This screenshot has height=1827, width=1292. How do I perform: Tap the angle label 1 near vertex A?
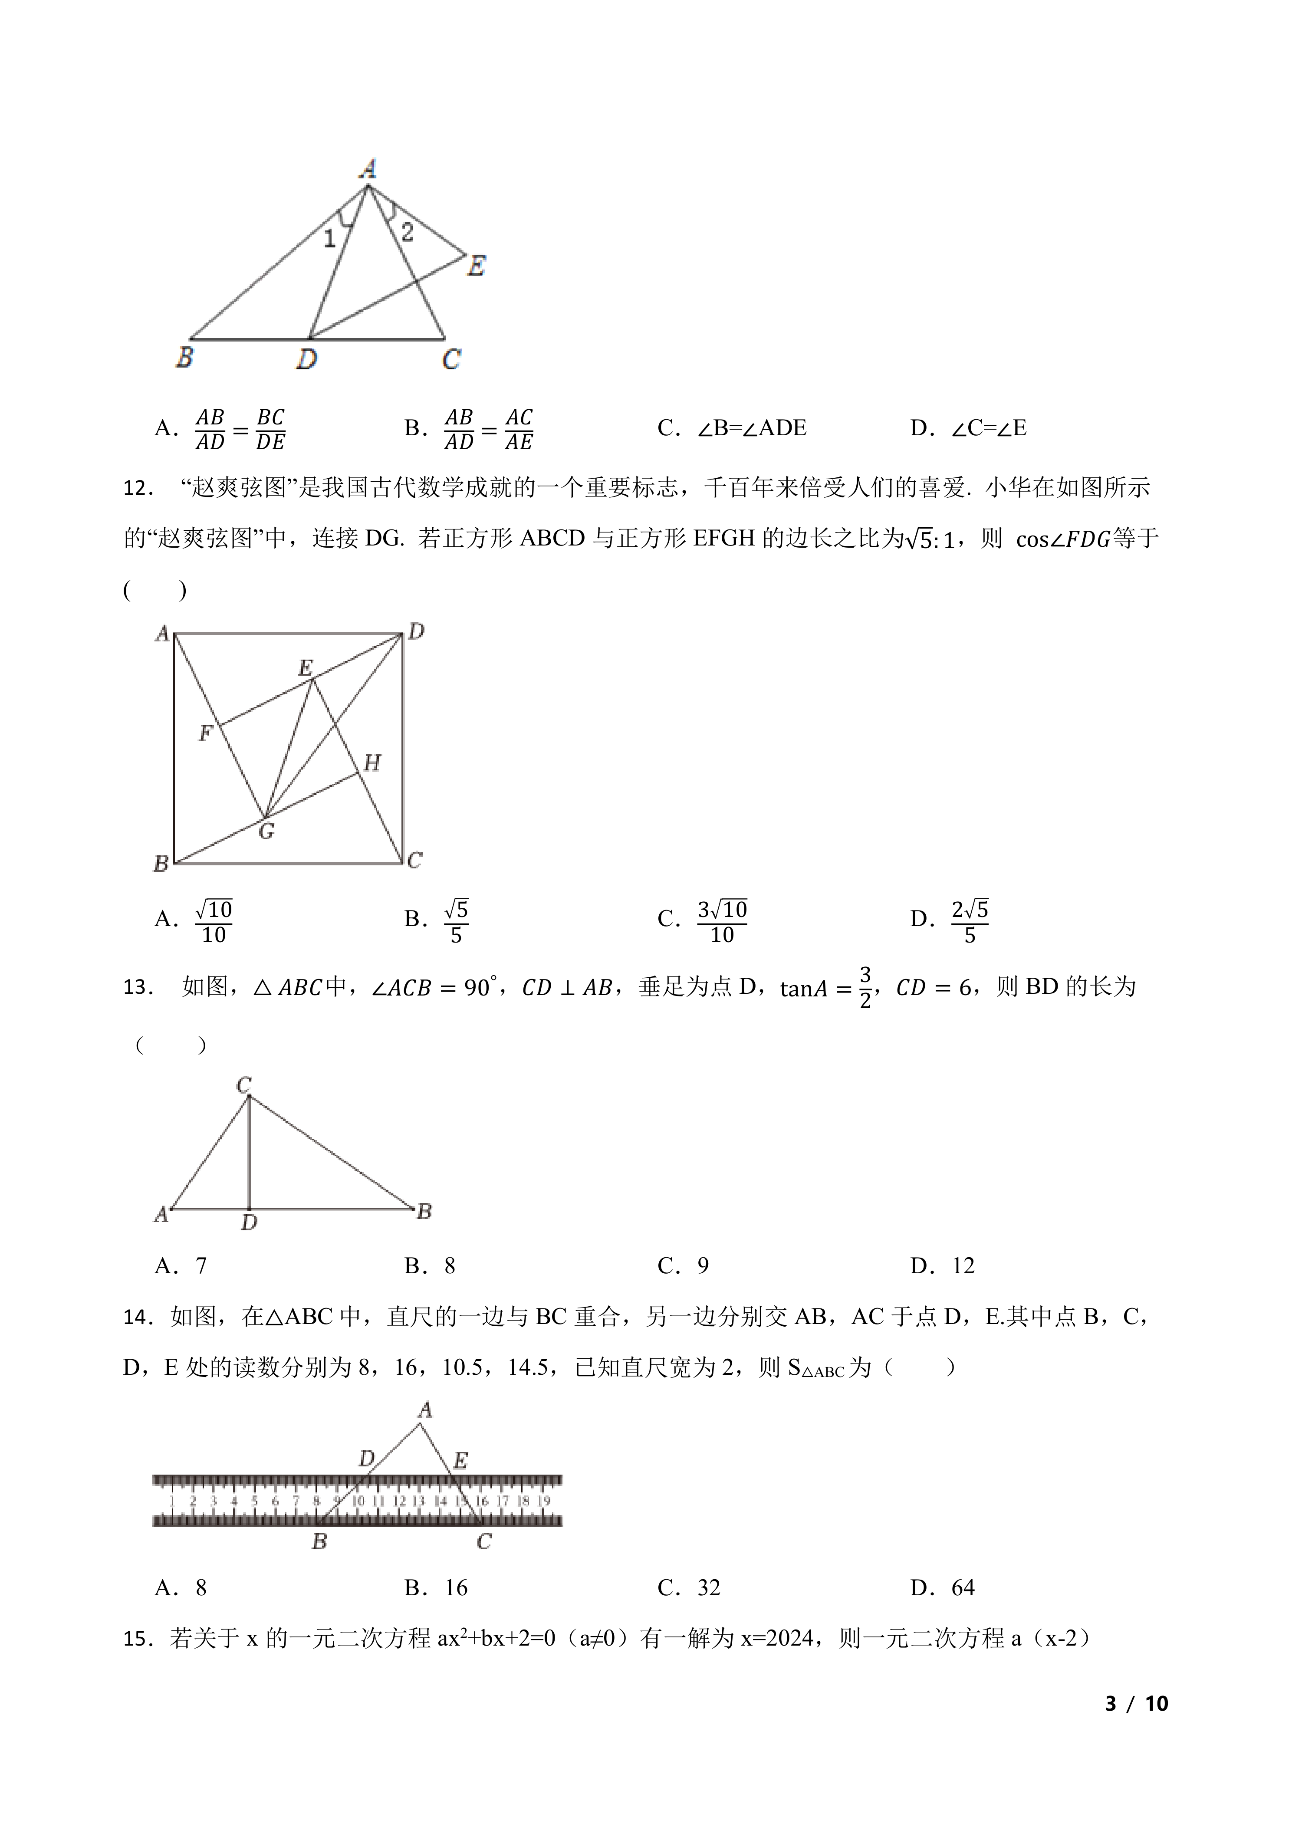tap(329, 238)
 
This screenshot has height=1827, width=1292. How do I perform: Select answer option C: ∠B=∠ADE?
tap(732, 428)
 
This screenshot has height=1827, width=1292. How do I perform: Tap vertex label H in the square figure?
tap(371, 763)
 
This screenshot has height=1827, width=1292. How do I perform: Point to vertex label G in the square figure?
tap(266, 831)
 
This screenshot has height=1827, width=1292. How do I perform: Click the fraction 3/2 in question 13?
tap(865, 988)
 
